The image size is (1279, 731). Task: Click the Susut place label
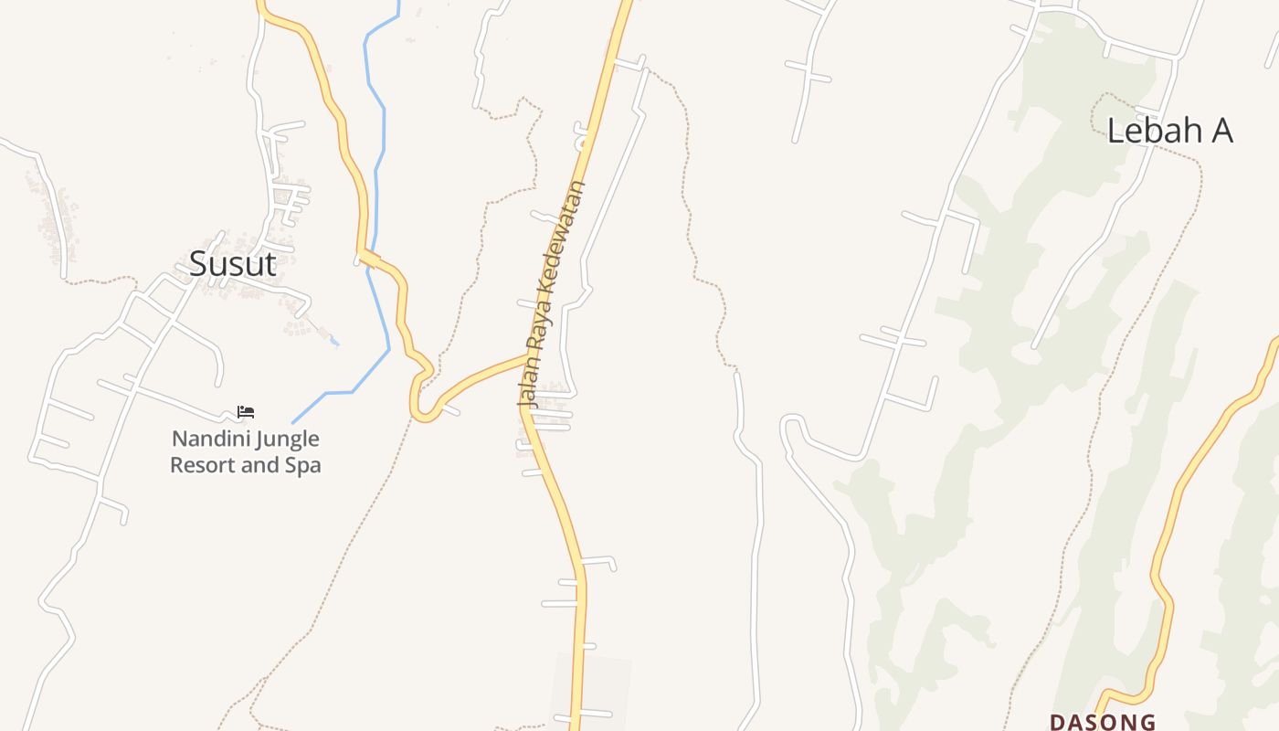coord(232,264)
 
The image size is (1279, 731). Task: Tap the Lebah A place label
coord(1169,131)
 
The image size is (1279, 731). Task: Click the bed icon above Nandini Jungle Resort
coord(245,412)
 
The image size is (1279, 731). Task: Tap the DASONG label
coord(1102,722)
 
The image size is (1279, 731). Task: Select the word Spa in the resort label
coord(304,465)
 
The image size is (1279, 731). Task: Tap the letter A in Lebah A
coord(1221,131)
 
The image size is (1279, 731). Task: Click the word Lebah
coord(1154,131)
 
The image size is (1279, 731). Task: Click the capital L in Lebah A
coord(1115,131)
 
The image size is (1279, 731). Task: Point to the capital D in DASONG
coord(1058,722)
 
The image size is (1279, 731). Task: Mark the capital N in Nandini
coord(178,439)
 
